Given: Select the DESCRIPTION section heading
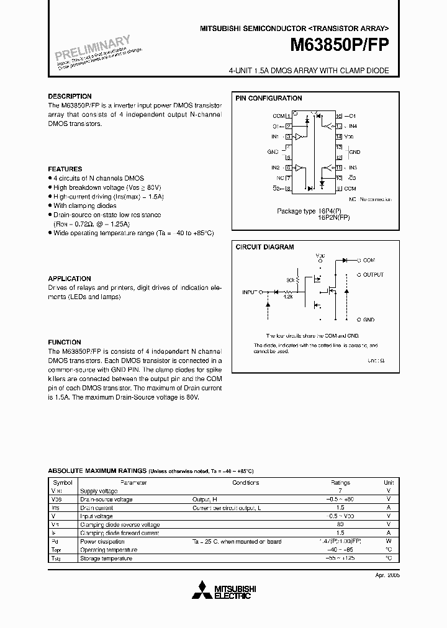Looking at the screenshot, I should pyautogui.click(x=70, y=97).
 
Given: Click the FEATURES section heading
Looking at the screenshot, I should pyautogui.click(x=65, y=169).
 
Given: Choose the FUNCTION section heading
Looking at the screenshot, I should pyautogui.click(x=65, y=342).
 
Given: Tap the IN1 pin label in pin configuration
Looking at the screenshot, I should pyautogui.click(x=275, y=137).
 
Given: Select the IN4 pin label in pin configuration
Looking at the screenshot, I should pyautogui.click(x=353, y=126).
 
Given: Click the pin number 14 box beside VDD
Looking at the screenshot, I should pyautogui.click(x=339, y=137).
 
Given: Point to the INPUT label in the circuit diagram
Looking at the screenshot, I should pyautogui.click(x=250, y=291).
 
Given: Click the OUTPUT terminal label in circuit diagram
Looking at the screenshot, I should pyautogui.click(x=373, y=274).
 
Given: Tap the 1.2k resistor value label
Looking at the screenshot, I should pyautogui.click(x=287, y=297).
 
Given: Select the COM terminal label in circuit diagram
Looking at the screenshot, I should pyautogui.click(x=369, y=260).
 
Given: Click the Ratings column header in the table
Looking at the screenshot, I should pyautogui.click(x=340, y=482).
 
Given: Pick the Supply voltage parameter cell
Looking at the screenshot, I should pyautogui.click(x=98, y=490).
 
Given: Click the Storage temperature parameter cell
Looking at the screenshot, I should pyautogui.click(x=106, y=558).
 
